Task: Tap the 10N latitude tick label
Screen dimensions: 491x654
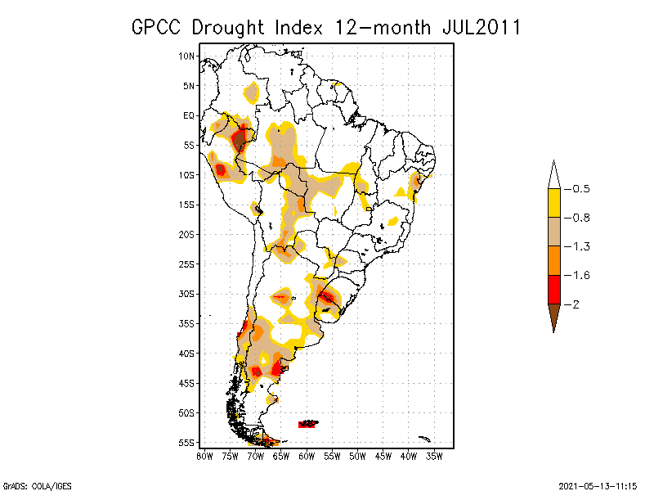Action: coord(187,56)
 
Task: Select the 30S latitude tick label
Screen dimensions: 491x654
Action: coord(187,294)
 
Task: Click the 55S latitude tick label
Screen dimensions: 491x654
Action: coord(187,443)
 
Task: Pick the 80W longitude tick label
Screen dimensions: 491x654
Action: coord(204,456)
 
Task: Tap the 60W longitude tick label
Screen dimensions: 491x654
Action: coord(307,456)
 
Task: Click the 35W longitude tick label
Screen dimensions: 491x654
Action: coord(436,456)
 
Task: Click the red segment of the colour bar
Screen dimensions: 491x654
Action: coord(553,290)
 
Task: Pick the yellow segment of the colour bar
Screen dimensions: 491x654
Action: coord(553,203)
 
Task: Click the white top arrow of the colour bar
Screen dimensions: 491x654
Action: coord(553,174)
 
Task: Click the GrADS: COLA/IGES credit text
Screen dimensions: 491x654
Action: coord(34,484)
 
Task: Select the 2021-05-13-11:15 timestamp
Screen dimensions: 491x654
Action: coord(598,484)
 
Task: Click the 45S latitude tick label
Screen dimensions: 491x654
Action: coord(187,383)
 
